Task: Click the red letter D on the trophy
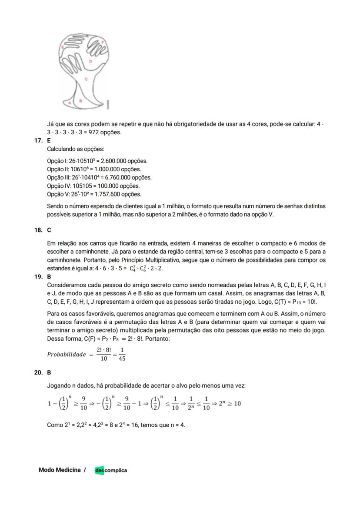90,62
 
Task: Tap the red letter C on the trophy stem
86,79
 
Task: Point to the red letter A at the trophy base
70,103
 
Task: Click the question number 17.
38,141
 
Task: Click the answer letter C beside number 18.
49,230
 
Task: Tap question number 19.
38,276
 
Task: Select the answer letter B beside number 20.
49,372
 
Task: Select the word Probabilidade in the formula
67,354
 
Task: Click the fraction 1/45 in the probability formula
122,354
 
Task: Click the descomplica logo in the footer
111,470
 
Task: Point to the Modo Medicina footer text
59,470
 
